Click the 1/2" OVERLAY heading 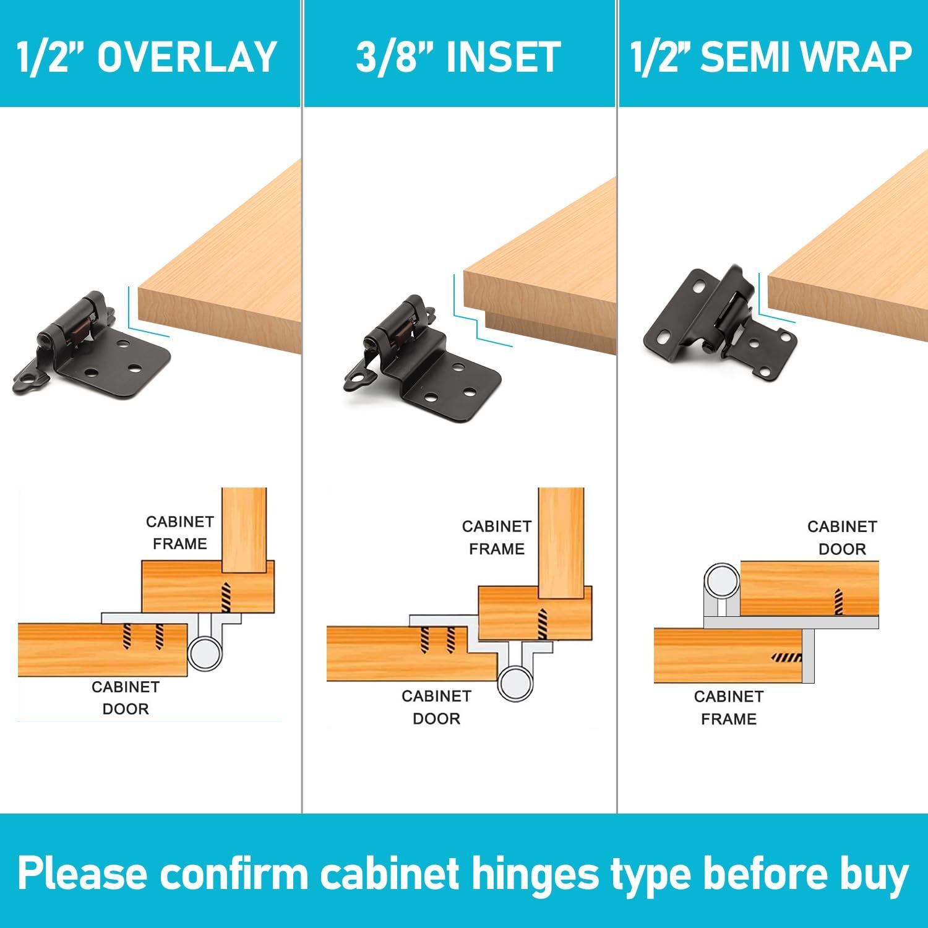tap(147, 57)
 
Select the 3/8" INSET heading tap(458, 57)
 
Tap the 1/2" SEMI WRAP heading tap(771, 57)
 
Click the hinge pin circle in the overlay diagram tap(205, 652)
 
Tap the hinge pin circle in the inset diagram tap(515, 684)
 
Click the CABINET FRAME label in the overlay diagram tap(179, 533)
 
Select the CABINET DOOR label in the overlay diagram tap(126, 698)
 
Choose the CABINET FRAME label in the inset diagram tap(496, 538)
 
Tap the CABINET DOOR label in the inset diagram tap(436, 707)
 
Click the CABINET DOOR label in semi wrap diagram tap(841, 538)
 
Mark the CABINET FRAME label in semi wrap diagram tap(728, 708)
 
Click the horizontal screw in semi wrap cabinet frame tap(788, 657)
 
